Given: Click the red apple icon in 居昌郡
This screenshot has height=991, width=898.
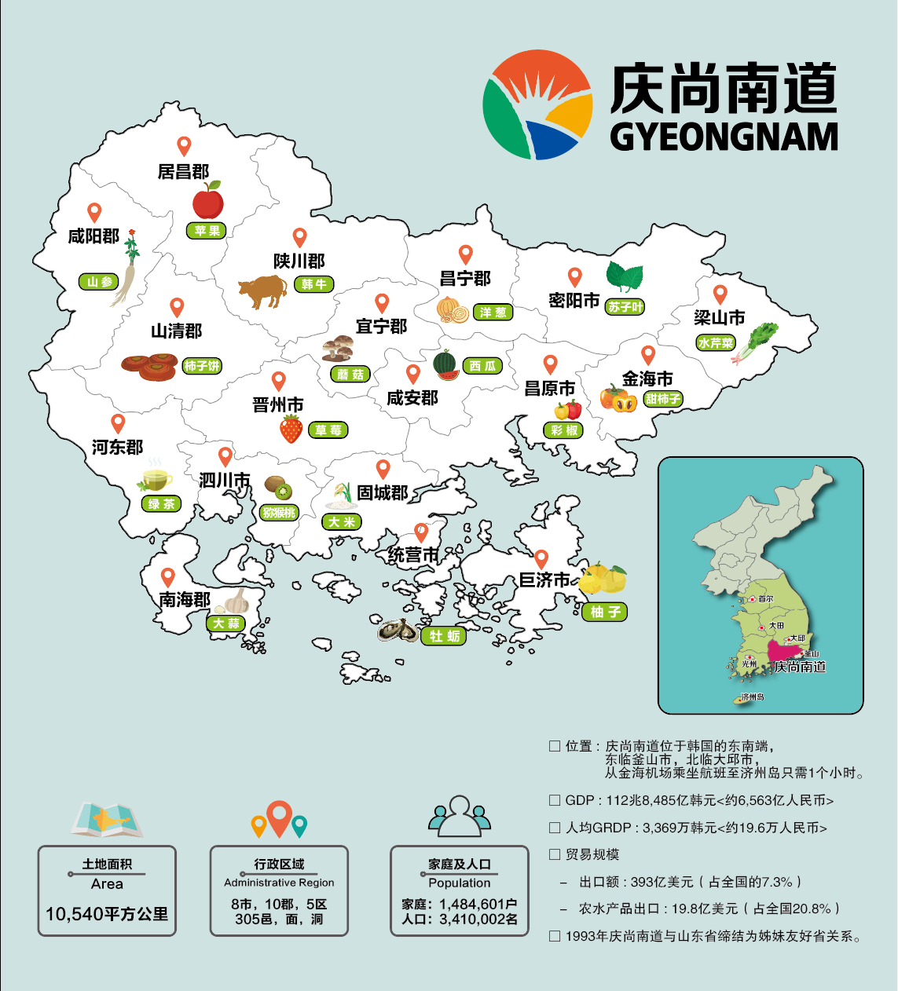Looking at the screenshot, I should [x=208, y=201].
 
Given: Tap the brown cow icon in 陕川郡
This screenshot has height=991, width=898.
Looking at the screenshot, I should [x=263, y=291].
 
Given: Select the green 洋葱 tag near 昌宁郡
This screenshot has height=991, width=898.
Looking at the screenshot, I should [x=493, y=313].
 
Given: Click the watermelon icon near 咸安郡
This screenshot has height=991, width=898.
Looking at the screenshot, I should [x=445, y=365].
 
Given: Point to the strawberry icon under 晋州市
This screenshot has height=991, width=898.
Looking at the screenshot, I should [x=291, y=429].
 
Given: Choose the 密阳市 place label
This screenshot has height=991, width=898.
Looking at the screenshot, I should [x=574, y=301].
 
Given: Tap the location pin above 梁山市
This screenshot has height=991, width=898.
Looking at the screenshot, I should [x=720, y=294].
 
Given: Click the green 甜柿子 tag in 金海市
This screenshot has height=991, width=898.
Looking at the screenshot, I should [x=663, y=399].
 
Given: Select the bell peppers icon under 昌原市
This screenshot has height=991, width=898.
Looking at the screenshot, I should [x=568, y=410].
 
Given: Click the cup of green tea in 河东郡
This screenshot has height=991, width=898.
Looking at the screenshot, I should [x=156, y=479].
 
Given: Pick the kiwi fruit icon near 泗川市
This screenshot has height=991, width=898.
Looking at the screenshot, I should [x=278, y=488].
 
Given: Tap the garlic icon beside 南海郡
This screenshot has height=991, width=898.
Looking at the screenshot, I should [x=235, y=602].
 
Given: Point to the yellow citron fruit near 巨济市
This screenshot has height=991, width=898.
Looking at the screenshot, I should [x=603, y=580].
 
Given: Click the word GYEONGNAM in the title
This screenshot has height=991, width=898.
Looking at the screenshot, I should [x=724, y=137].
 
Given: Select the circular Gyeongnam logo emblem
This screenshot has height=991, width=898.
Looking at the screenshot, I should [x=537, y=104].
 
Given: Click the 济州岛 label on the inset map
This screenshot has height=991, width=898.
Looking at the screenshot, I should [x=752, y=697].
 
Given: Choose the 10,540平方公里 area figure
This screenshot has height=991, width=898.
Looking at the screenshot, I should [x=107, y=914].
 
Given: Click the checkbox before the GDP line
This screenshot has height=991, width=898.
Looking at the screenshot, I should [x=555, y=800].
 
